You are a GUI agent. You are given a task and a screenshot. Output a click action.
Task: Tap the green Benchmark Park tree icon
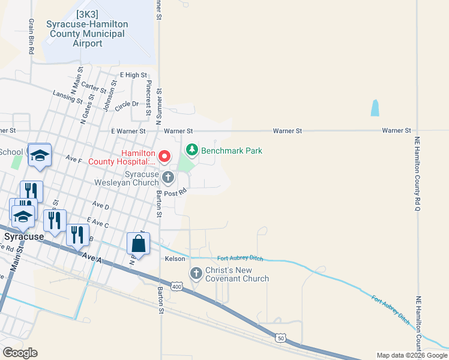coord(192,149)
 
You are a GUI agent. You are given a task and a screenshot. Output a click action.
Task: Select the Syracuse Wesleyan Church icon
coord(168,178)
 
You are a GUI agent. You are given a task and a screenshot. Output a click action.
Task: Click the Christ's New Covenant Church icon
coord(196,274)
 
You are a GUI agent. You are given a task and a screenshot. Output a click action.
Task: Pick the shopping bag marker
coord(138,244)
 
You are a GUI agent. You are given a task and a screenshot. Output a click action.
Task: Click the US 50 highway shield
coord(280,339)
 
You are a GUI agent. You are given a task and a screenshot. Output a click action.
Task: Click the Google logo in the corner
coord(20,353)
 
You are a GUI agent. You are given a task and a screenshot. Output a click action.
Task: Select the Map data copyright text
coord(411,356)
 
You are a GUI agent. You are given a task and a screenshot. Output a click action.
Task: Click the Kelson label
coord(175,259)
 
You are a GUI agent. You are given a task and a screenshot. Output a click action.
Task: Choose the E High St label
coord(133,75)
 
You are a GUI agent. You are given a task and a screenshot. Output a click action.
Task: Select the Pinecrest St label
coord(148,97)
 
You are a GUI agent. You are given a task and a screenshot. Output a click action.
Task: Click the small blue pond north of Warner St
coord(375,108)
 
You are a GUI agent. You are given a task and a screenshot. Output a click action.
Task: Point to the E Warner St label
coord(128,131)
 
